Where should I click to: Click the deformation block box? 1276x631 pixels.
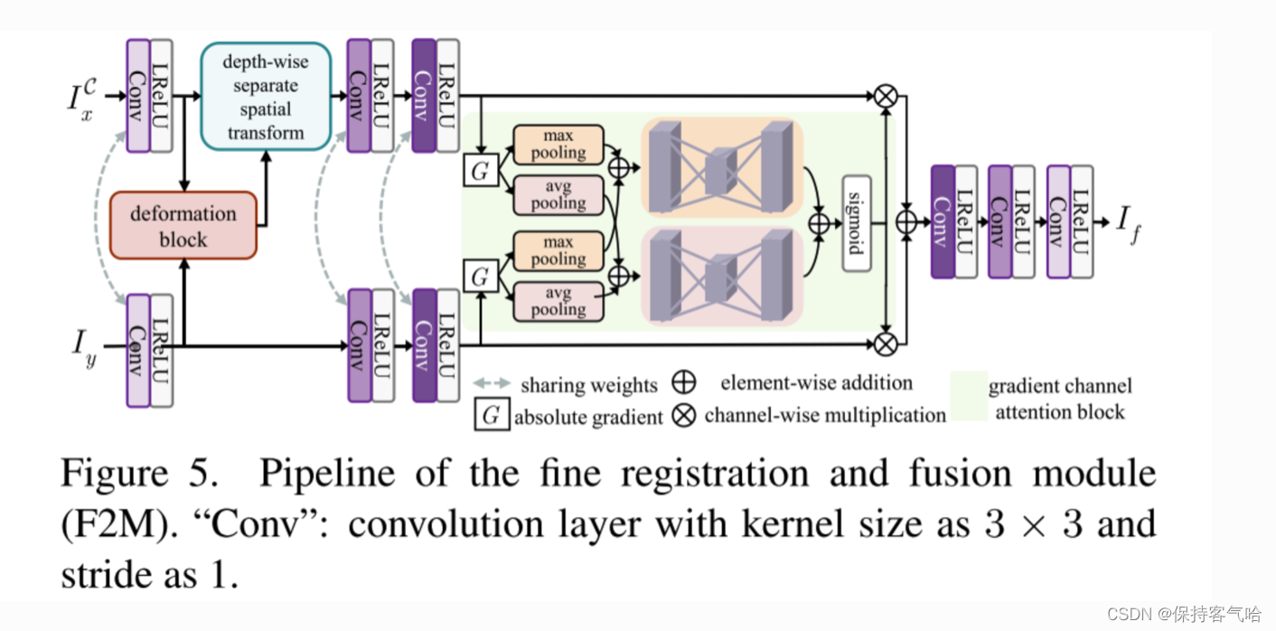point(183,225)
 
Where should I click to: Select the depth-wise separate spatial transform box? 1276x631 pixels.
point(265,96)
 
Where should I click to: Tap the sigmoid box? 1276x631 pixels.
point(855,223)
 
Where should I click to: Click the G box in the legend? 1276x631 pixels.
point(491,416)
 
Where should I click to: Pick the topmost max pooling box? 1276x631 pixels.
point(558,144)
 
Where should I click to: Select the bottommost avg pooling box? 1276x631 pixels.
point(558,300)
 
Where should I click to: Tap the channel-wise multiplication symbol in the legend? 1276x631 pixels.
point(685,416)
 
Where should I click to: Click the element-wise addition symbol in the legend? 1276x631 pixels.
point(685,382)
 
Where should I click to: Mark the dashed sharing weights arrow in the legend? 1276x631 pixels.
point(493,384)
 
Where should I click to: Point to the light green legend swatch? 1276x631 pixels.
point(966,398)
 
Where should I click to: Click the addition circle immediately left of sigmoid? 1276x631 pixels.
point(820,223)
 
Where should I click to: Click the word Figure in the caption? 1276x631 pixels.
point(115,474)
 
